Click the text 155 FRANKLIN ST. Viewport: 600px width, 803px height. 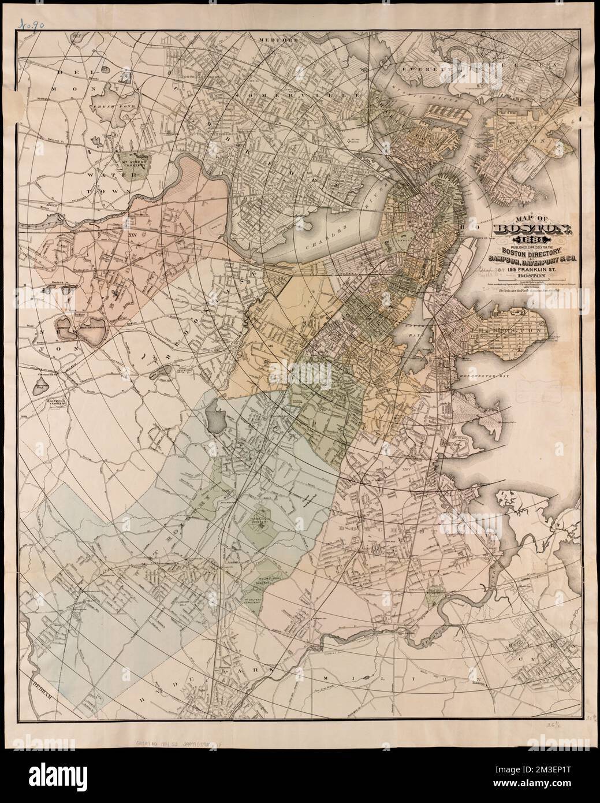tap(524, 267)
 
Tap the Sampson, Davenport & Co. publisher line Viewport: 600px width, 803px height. tap(526, 258)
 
